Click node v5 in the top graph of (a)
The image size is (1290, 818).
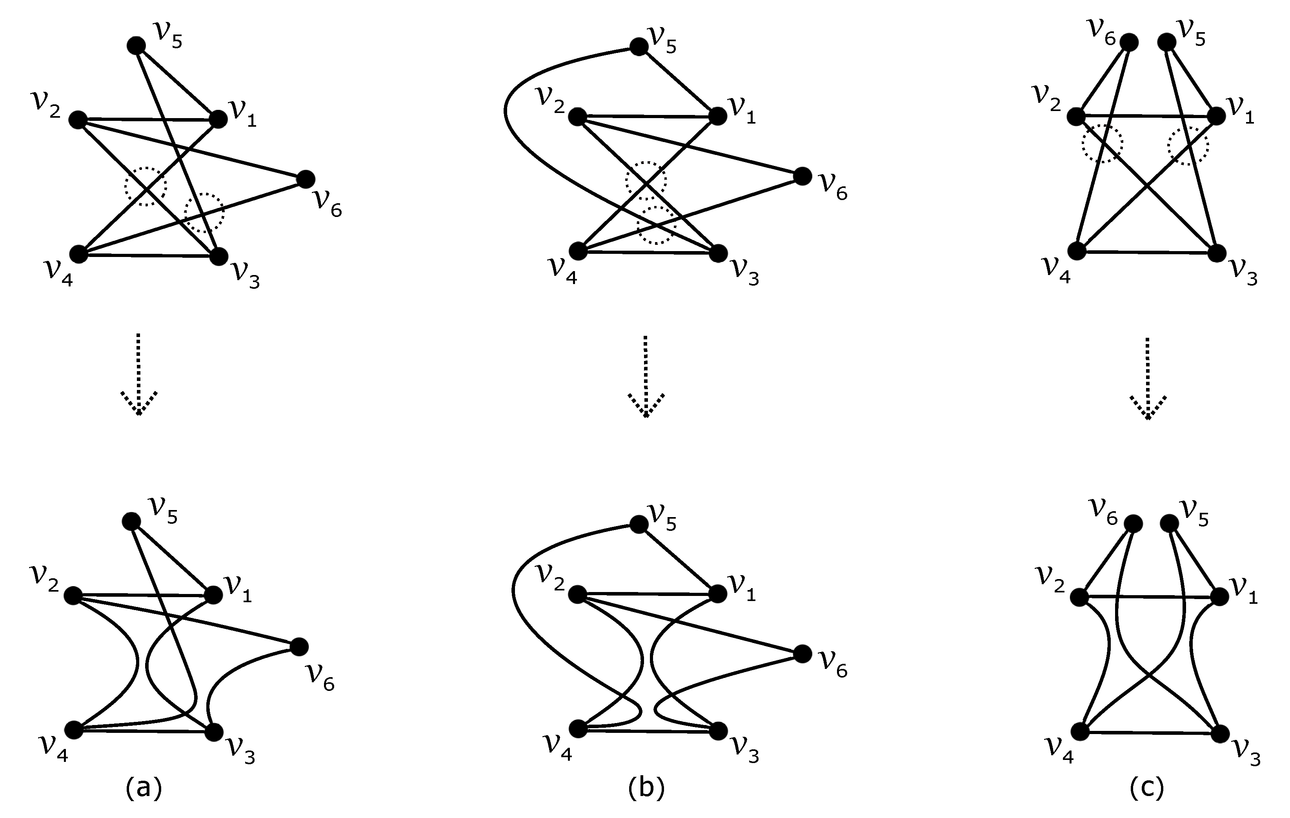point(136,46)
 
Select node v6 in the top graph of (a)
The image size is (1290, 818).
point(306,179)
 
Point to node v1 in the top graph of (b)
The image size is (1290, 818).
point(718,116)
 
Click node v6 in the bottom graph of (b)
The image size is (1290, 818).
point(802,654)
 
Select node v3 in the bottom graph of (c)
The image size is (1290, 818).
point(1220,733)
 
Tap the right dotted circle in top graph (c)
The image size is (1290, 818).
point(1188,145)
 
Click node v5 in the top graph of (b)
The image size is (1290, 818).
point(639,47)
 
